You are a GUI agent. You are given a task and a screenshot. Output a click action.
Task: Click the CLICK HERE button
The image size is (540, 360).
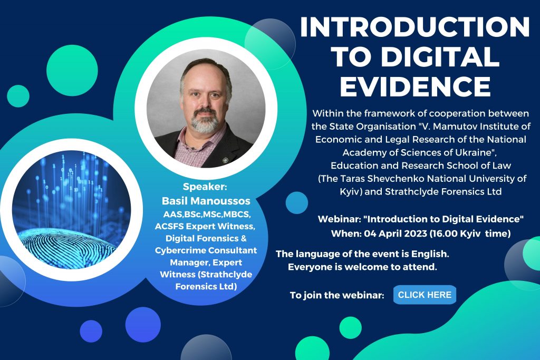click(x=425, y=295)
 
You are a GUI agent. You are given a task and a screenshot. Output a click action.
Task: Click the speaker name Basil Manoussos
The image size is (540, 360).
click(x=206, y=201)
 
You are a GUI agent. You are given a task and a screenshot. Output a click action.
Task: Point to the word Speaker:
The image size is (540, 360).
click(x=205, y=187)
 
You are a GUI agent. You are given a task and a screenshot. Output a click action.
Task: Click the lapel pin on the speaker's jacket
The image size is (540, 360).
click(x=226, y=160)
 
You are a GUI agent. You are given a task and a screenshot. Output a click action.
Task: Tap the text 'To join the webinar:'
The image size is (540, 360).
click(x=337, y=295)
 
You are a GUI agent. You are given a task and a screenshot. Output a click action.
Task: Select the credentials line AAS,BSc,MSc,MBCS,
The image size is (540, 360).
click(x=207, y=215)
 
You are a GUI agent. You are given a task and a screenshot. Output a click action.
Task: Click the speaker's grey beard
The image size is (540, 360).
click(x=205, y=122)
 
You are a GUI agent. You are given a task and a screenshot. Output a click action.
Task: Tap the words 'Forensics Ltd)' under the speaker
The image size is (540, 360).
click(x=206, y=286)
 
